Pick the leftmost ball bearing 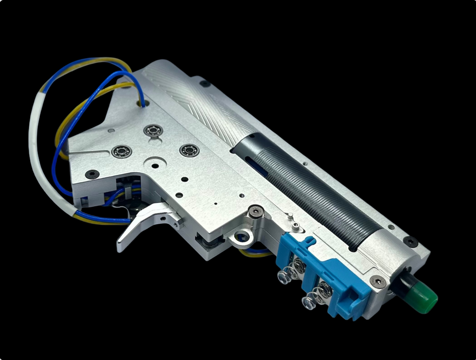tap(119, 151)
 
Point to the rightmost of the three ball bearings tap(187, 150)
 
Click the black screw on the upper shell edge tap(205, 84)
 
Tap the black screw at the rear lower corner tap(92, 174)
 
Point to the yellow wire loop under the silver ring tap(253, 253)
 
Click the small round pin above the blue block tap(290, 216)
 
